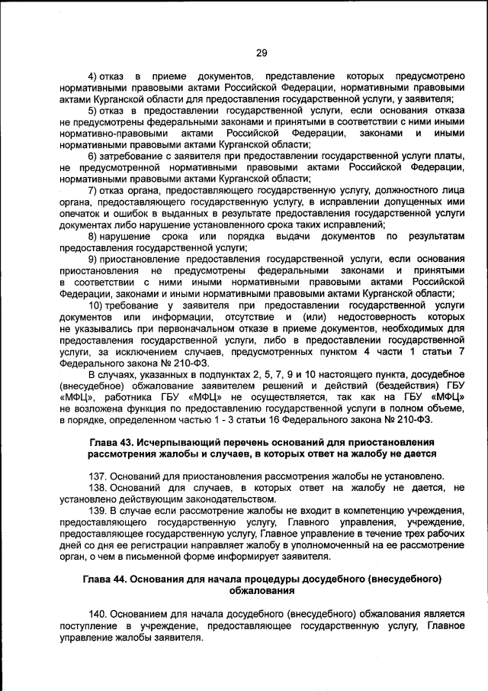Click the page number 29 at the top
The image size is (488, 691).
pyautogui.click(x=261, y=52)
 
